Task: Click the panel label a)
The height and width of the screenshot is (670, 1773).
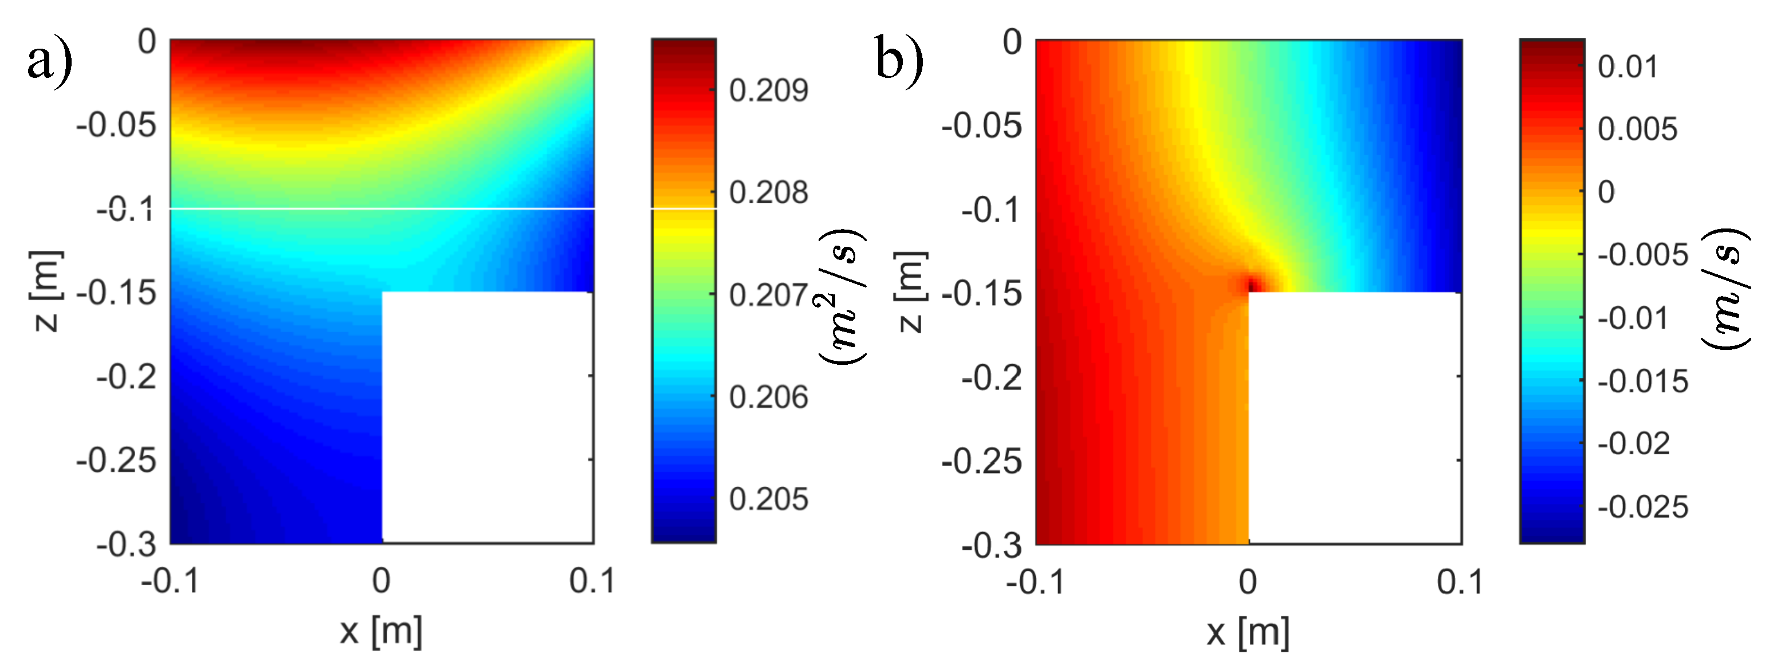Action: click(x=50, y=61)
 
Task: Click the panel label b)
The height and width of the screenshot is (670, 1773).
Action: click(x=899, y=61)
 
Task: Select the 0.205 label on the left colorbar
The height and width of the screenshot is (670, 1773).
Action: click(x=768, y=499)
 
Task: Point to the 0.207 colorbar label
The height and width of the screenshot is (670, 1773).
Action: click(x=768, y=295)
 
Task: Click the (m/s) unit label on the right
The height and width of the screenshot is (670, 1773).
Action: click(x=1725, y=289)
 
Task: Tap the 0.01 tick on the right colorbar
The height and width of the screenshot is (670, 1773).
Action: click(x=1627, y=67)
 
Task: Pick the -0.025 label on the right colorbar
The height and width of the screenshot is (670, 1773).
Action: click(x=1642, y=507)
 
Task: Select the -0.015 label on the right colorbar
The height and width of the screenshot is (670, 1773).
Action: click(x=1642, y=381)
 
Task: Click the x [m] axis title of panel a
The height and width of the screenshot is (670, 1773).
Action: click(x=380, y=630)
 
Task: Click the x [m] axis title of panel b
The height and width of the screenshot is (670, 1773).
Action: click(x=1248, y=630)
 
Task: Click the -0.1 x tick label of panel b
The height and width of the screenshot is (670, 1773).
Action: click(x=1035, y=582)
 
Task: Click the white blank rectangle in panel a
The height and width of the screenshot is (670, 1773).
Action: click(x=486, y=417)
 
